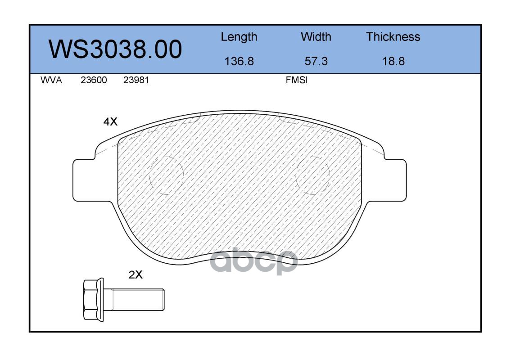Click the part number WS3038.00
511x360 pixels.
tap(115, 49)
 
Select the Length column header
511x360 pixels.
tap(239, 37)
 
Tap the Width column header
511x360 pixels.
tap(316, 37)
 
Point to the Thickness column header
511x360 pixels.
tap(393, 37)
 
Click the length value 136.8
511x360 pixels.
tap(239, 61)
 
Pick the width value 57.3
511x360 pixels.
tap(316, 61)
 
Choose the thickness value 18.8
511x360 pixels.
tap(393, 61)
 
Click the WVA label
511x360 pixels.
tap(51, 80)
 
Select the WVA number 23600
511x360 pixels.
tap(94, 80)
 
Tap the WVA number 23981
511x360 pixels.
tap(136, 80)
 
